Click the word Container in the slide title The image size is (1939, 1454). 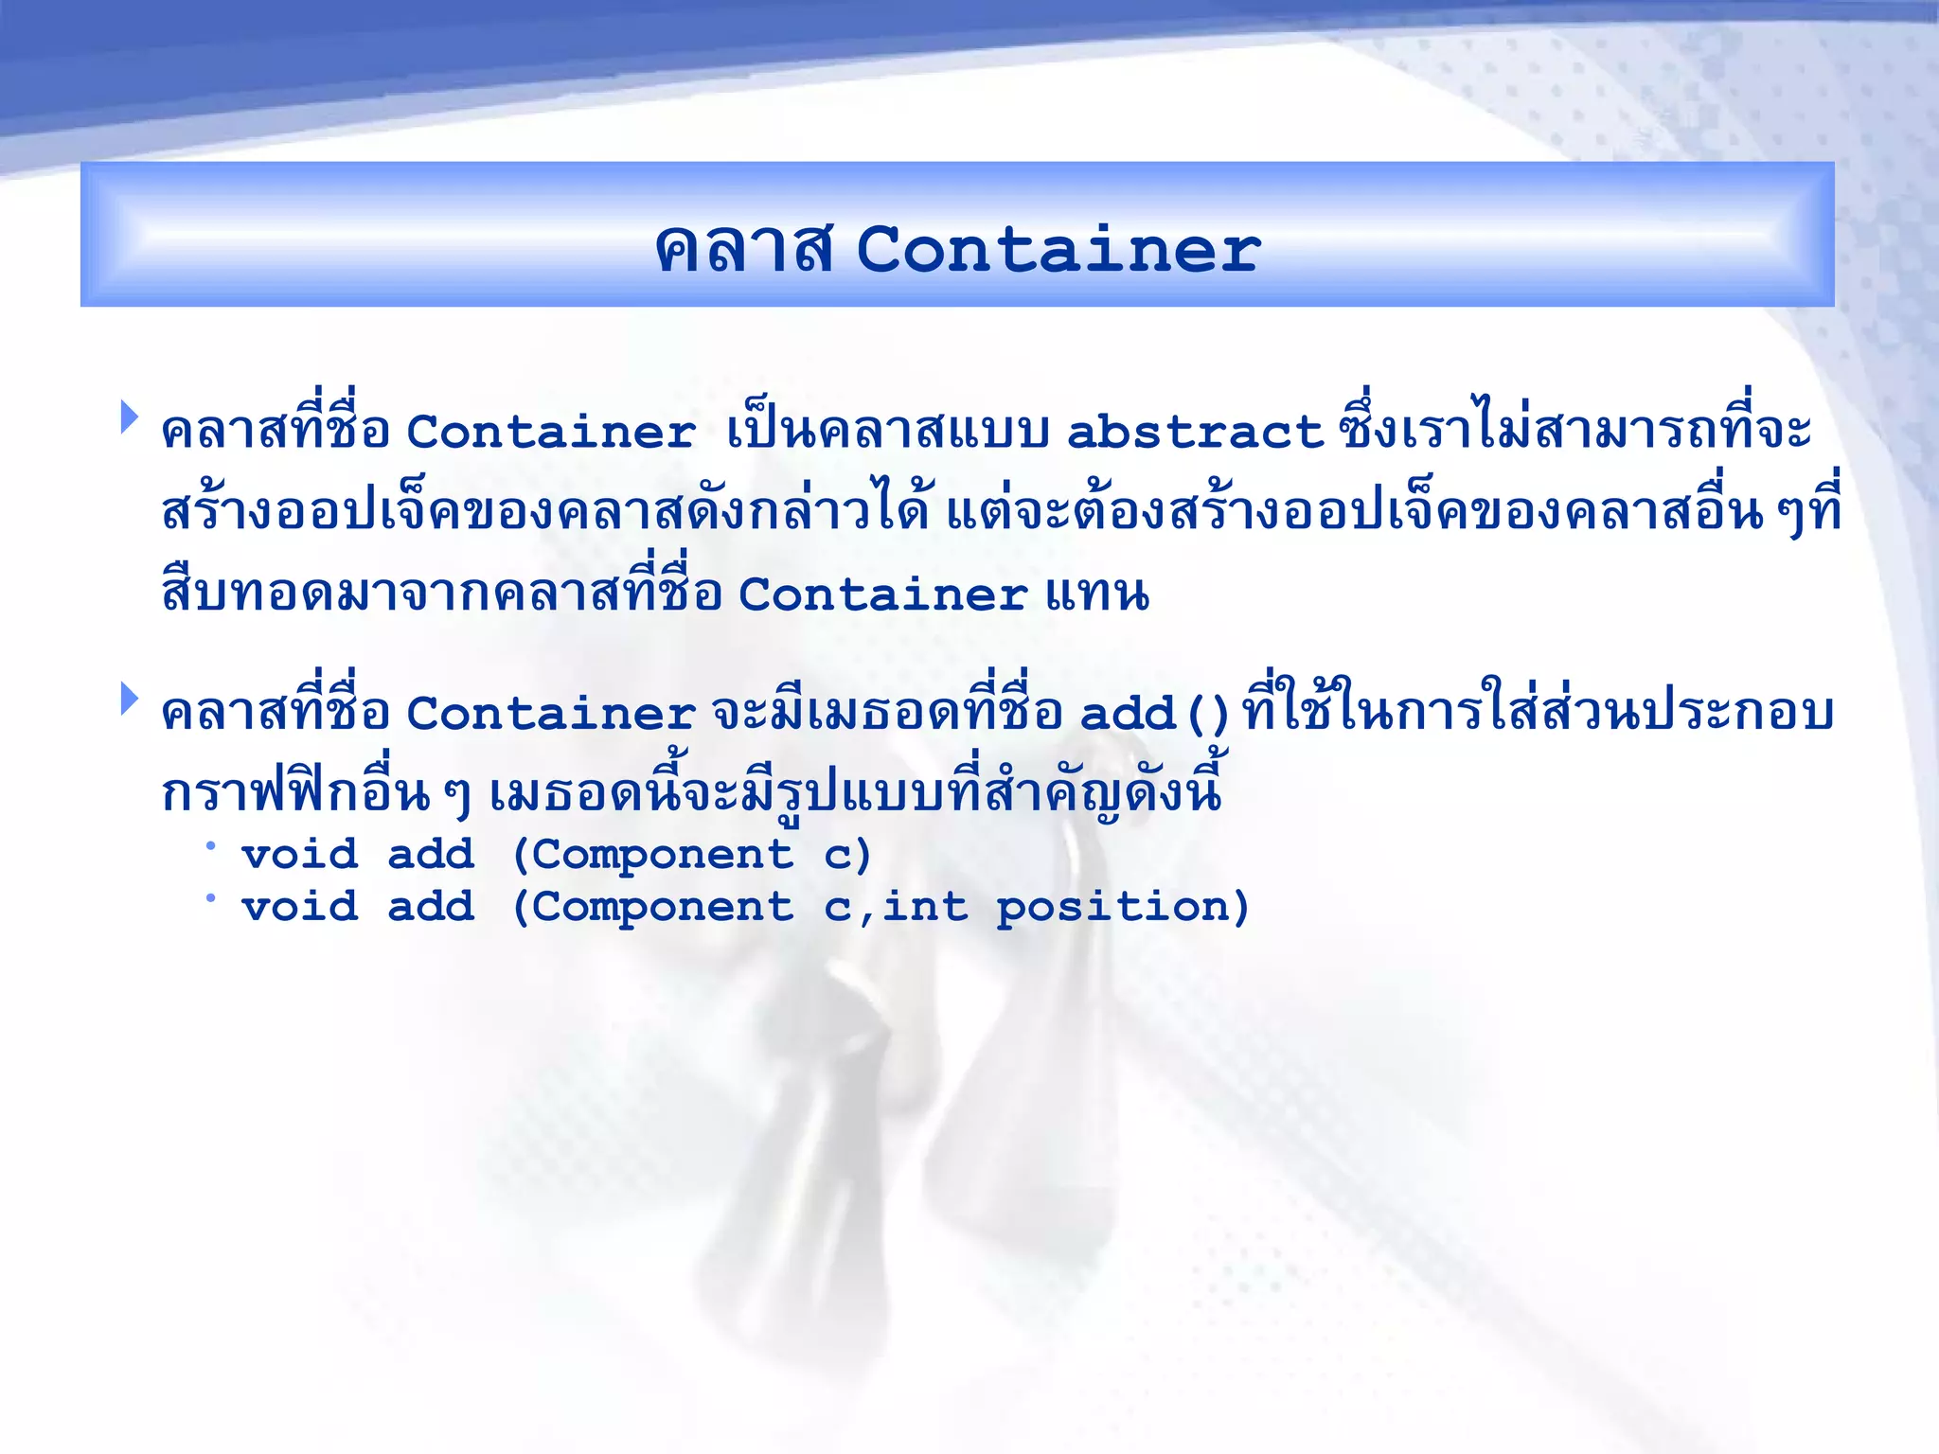tap(1058, 250)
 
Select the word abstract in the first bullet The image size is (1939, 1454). tap(1194, 433)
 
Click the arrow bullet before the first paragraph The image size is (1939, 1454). tap(129, 417)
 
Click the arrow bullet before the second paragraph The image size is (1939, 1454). tap(129, 700)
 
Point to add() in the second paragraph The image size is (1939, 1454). tap(1153, 714)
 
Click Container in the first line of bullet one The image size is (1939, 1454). tap(551, 433)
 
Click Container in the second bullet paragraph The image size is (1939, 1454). tap(551, 714)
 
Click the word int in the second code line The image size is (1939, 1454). tap(925, 907)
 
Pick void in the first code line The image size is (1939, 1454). tap(300, 855)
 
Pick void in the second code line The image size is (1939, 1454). tap(300, 907)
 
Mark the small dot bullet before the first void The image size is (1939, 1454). tap(210, 845)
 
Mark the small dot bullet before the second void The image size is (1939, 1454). tap(210, 897)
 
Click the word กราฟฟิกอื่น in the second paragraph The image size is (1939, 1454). tap(295, 793)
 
